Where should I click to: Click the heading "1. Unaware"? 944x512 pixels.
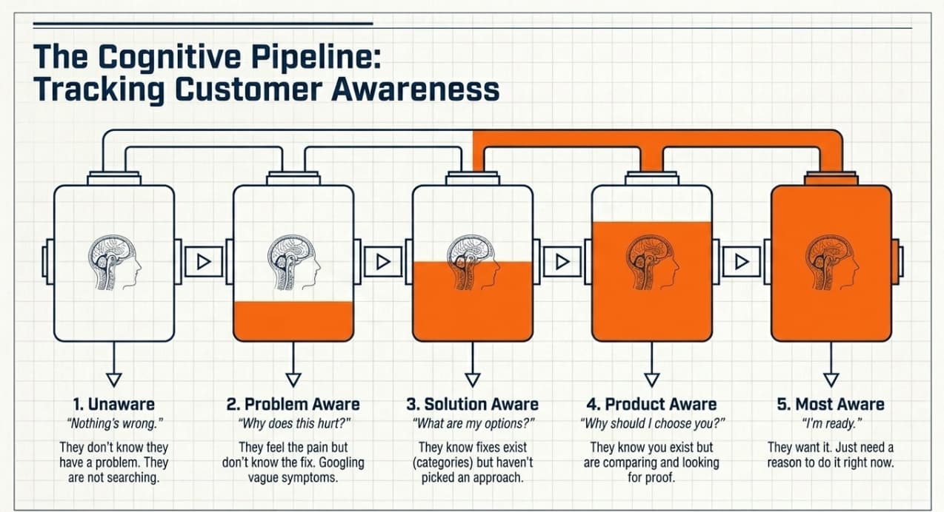click(113, 404)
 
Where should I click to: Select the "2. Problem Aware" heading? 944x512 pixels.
click(293, 404)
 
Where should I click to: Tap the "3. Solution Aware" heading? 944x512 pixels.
click(472, 404)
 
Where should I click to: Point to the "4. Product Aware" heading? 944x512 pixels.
click(651, 404)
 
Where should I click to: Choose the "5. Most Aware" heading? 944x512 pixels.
click(830, 404)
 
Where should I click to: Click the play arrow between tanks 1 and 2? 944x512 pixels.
click(204, 261)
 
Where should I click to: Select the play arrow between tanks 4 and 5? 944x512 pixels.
click(742, 261)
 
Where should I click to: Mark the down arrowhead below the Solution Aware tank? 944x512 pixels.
click(473, 380)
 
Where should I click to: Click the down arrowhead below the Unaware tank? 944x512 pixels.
click(114, 380)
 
